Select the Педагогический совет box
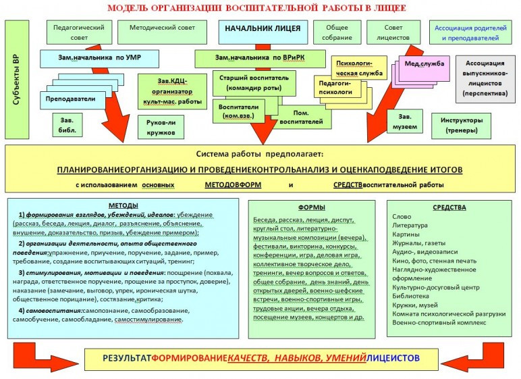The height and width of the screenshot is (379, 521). (x=78, y=32)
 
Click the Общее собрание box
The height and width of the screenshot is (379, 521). (x=337, y=32)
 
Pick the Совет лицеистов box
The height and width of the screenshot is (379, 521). (x=393, y=32)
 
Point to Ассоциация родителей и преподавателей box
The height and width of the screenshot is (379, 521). (x=470, y=32)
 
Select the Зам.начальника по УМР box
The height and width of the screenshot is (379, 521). (x=99, y=58)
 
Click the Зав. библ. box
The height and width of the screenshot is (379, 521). (x=67, y=124)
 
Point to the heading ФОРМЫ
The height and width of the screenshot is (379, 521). (x=311, y=207)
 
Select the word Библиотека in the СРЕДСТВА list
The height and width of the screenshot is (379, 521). (x=411, y=296)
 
